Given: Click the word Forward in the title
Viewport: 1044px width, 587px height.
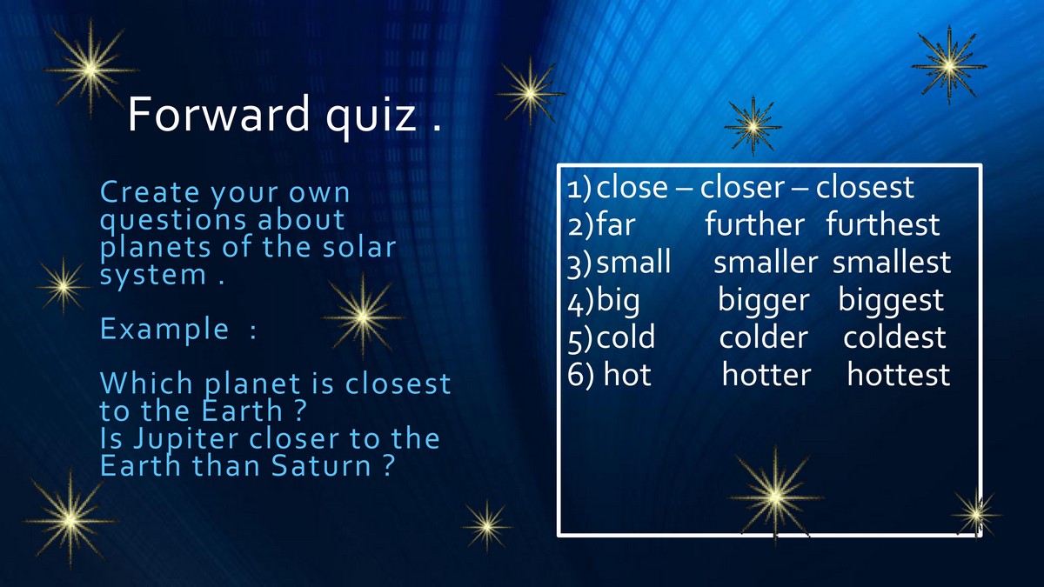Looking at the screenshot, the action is click(x=218, y=113).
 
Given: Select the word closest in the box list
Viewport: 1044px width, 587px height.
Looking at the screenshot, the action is click(x=865, y=187).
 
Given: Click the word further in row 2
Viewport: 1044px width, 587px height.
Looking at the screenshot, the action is click(x=754, y=224).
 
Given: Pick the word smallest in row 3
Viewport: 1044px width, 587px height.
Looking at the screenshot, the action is click(x=892, y=262).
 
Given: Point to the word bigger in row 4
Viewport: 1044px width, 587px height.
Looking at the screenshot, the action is click(x=764, y=301).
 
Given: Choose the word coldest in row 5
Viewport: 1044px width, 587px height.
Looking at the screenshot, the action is click(x=894, y=337).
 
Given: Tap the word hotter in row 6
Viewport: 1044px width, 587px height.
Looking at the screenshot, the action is click(x=766, y=374).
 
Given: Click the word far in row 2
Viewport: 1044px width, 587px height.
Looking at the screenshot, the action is click(x=616, y=224).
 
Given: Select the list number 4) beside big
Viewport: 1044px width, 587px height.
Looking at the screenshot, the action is click(x=580, y=302).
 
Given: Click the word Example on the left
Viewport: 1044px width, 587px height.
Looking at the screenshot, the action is click(x=164, y=329).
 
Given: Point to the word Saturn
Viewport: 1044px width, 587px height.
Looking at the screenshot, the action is click(x=321, y=465).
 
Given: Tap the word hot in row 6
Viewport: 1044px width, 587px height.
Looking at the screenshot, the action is click(x=627, y=374).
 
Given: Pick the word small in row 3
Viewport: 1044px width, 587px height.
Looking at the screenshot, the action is click(x=633, y=262).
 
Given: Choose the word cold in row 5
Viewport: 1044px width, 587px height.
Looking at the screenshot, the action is click(x=626, y=337).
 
